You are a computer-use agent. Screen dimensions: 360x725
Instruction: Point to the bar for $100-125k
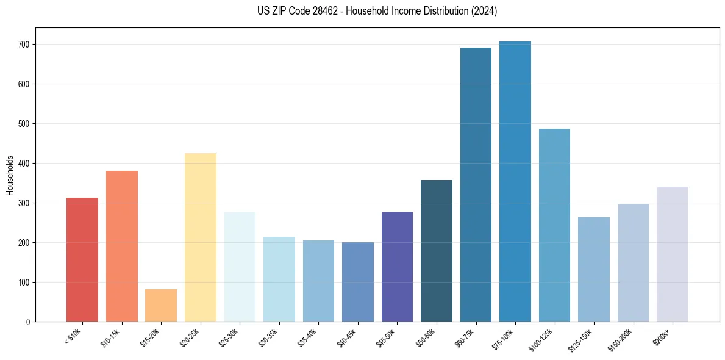tap(554, 225)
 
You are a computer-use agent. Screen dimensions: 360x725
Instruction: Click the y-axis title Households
tap(10, 175)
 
